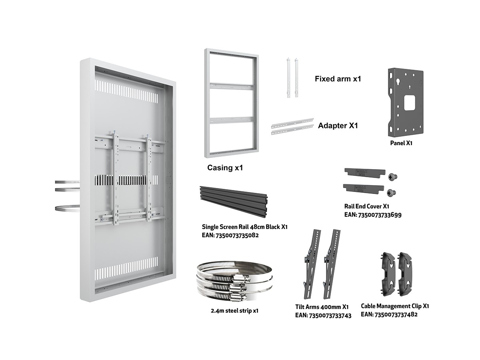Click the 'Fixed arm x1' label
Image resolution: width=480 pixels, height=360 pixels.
point(338,79)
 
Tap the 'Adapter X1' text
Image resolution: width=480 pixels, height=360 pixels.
point(338,126)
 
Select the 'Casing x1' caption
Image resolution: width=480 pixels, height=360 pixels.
point(225,168)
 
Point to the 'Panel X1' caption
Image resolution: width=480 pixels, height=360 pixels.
point(401,143)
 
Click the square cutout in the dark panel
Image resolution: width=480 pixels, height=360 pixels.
point(409,102)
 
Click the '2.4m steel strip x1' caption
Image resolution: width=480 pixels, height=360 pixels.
point(234,311)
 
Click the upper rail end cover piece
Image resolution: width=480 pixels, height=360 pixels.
point(365,172)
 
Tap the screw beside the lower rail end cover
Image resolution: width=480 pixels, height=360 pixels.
point(391,192)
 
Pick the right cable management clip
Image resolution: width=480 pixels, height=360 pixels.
point(405,274)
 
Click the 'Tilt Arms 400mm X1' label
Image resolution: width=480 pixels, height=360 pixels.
point(322,307)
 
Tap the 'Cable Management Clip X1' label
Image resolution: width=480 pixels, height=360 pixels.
point(395,306)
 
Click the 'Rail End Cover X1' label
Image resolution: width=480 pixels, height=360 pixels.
point(367,206)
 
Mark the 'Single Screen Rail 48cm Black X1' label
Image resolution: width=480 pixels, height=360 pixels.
point(244,227)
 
